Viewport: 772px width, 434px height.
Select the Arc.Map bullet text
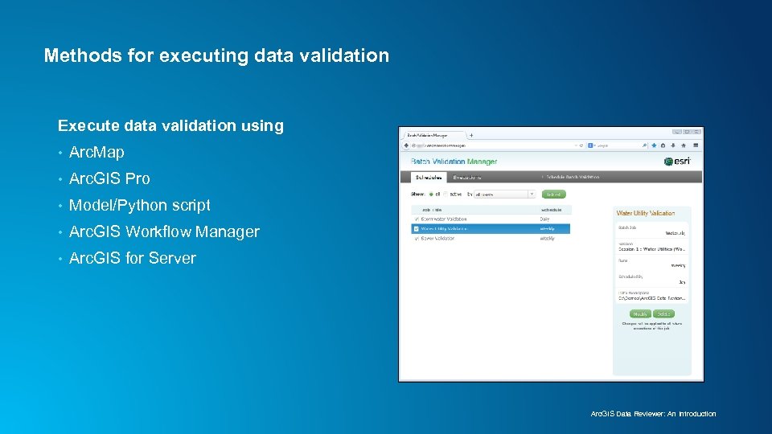[x=97, y=152]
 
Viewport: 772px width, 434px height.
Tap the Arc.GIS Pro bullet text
[x=109, y=178]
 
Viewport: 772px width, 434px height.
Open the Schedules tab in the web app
[x=427, y=177]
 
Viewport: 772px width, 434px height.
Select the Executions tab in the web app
[x=467, y=177]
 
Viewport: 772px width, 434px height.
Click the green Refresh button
[x=554, y=194]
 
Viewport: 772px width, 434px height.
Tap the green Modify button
[x=641, y=314]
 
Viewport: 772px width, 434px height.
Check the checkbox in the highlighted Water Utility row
[x=416, y=229]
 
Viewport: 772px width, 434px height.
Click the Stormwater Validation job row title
[x=444, y=219]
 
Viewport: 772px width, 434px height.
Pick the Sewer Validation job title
[x=437, y=239]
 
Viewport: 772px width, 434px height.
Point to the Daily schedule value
[x=545, y=219]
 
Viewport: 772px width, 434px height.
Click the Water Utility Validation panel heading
[x=646, y=213]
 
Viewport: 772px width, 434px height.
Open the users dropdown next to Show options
[x=504, y=194]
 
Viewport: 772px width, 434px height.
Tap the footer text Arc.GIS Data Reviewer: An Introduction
[x=653, y=414]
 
